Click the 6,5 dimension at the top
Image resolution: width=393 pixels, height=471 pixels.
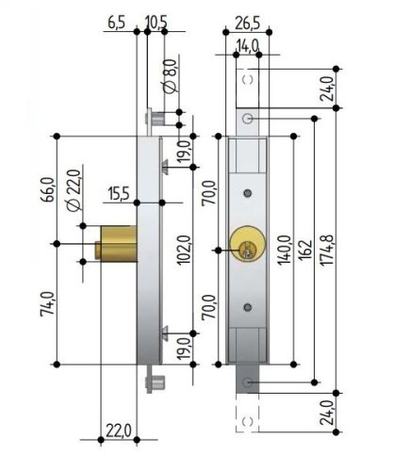(x=117, y=22)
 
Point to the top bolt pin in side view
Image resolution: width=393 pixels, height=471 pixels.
(x=156, y=119)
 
